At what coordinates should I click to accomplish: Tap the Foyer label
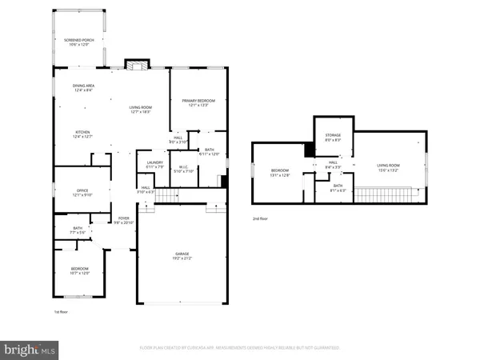(123, 217)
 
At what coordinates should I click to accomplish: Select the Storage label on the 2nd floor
(333, 135)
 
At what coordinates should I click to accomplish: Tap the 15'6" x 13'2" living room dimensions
(388, 170)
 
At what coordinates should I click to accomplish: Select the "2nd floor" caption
(261, 218)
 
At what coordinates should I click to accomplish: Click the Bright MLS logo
(30, 348)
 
